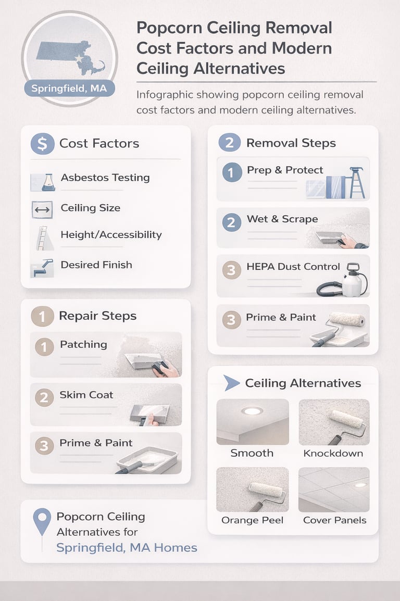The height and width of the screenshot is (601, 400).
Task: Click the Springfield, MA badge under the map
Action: pyautogui.click(x=69, y=88)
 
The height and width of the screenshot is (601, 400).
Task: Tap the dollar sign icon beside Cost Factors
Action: pyautogui.click(x=42, y=143)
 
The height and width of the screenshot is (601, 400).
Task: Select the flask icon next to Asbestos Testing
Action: pyautogui.click(x=47, y=182)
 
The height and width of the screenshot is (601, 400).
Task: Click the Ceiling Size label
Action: pyautogui.click(x=90, y=208)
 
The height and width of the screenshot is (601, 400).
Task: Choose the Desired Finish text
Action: pyautogui.click(x=96, y=265)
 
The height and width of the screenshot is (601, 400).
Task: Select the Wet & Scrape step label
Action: pyautogui.click(x=282, y=219)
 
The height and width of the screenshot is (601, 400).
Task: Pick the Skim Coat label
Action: pyautogui.click(x=86, y=395)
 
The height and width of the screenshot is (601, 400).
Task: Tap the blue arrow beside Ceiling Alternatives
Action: pyautogui.click(x=231, y=383)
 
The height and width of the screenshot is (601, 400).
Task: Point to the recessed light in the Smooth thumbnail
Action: pyautogui.click(x=252, y=411)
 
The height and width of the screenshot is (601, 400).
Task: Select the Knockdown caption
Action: pyautogui.click(x=333, y=453)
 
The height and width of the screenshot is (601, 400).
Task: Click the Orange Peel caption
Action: pyautogui.click(x=252, y=520)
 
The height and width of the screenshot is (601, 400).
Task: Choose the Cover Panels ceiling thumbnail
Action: pyautogui.click(x=334, y=490)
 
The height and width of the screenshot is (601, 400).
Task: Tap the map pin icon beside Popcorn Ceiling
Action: pyautogui.click(x=42, y=521)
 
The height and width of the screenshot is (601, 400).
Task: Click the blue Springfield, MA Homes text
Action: pyautogui.click(x=127, y=547)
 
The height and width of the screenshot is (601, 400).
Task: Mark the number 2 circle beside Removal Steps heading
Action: pyautogui.click(x=230, y=143)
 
